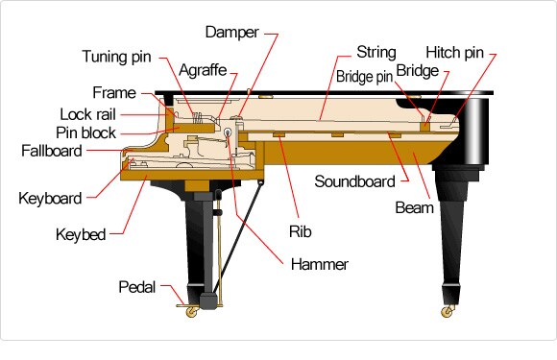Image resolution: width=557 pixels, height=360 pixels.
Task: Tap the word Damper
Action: (x=231, y=32)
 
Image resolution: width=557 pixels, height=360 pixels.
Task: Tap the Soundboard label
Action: (x=354, y=180)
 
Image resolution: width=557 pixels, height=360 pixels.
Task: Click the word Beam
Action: (x=414, y=206)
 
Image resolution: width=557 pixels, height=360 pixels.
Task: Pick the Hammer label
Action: (x=321, y=264)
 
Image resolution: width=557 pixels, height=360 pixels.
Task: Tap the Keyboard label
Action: (x=50, y=199)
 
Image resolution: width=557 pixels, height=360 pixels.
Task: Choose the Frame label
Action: (x=114, y=93)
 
